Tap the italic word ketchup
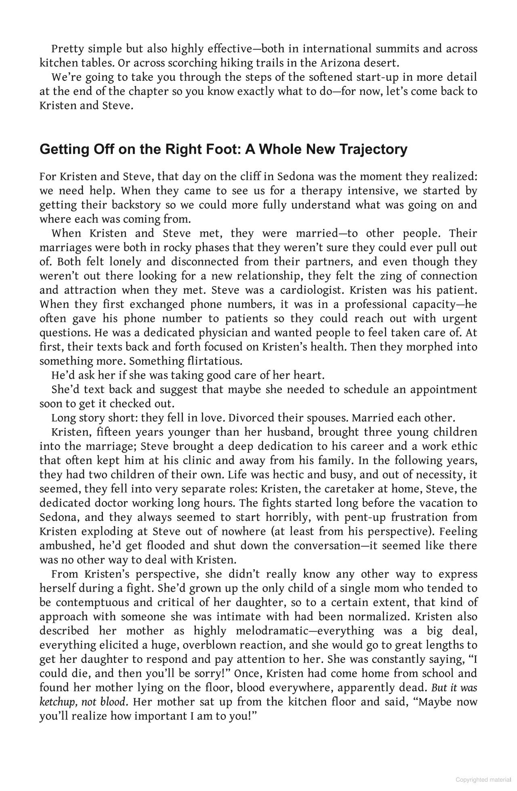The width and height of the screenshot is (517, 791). (x=57, y=701)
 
